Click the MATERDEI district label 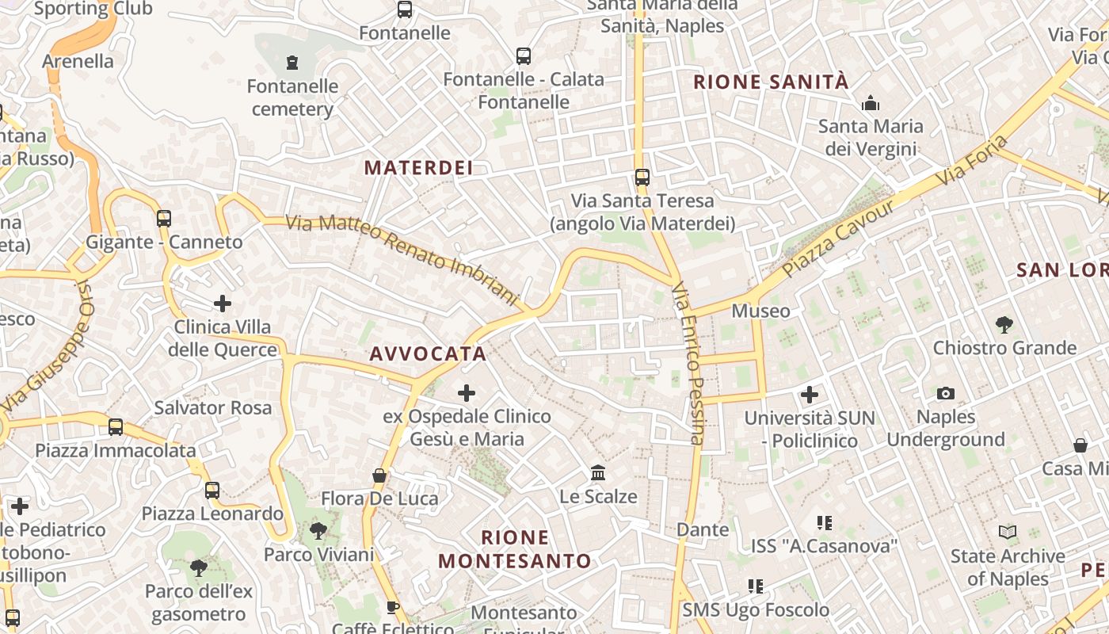coord(418,167)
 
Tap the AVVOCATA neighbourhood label coord(428,354)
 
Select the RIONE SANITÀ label coord(771,82)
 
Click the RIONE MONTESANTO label coord(515,549)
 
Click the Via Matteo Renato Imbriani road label coord(402,259)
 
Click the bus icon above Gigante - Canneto coord(164,219)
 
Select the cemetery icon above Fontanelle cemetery coord(292,62)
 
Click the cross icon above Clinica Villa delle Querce coord(223,304)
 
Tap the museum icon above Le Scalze coord(598,473)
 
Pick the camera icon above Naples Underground coord(945,394)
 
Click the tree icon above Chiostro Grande coord(1004,324)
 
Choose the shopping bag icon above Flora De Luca coord(379,475)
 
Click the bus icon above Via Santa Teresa coord(642,178)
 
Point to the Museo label coord(760,311)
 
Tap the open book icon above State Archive coord(1008,533)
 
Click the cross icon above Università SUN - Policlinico coord(809,394)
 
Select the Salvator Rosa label coord(212,407)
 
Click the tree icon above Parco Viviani coord(318,530)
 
